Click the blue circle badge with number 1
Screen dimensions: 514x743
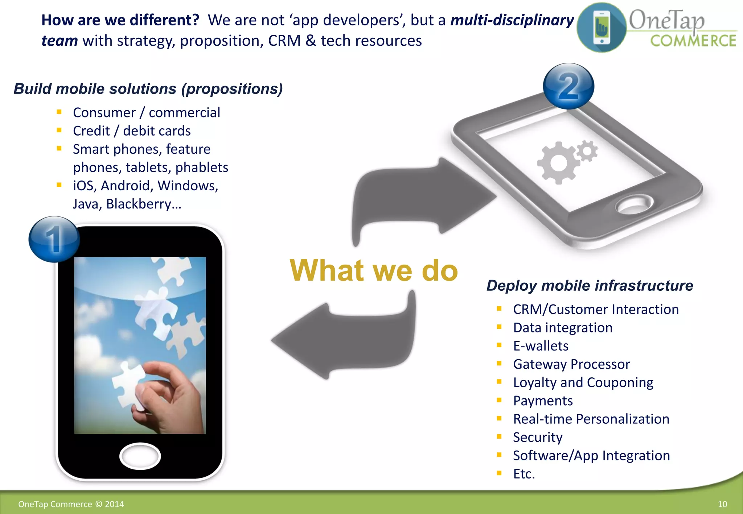[54, 239]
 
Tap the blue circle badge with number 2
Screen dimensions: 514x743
[568, 86]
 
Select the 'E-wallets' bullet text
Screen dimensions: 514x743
[541, 346]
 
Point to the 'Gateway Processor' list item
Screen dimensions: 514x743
[571, 364]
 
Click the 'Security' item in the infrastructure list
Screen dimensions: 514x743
[538, 437]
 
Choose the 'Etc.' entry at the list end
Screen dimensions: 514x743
[524, 474]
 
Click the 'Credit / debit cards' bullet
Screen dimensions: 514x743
[132, 131]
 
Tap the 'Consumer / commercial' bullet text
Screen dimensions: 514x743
[146, 113]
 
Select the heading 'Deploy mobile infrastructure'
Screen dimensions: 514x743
[590, 286]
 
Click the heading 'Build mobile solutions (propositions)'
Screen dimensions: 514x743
[148, 89]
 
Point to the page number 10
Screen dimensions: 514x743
[722, 504]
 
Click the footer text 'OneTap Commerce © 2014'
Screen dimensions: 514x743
[71, 504]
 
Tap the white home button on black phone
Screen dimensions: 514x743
[140, 456]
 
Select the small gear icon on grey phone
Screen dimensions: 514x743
[587, 150]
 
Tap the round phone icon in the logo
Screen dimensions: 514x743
[602, 28]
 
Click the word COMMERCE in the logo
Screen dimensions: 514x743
[693, 41]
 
